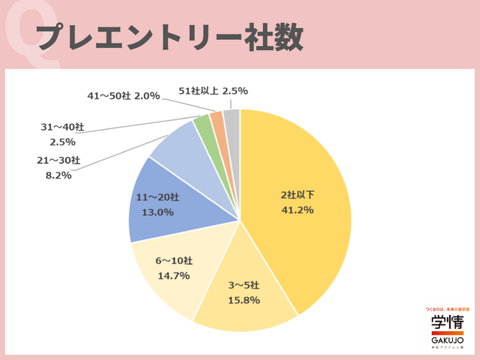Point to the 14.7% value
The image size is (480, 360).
coord(174,276)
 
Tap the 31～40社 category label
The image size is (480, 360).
coord(62,128)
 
